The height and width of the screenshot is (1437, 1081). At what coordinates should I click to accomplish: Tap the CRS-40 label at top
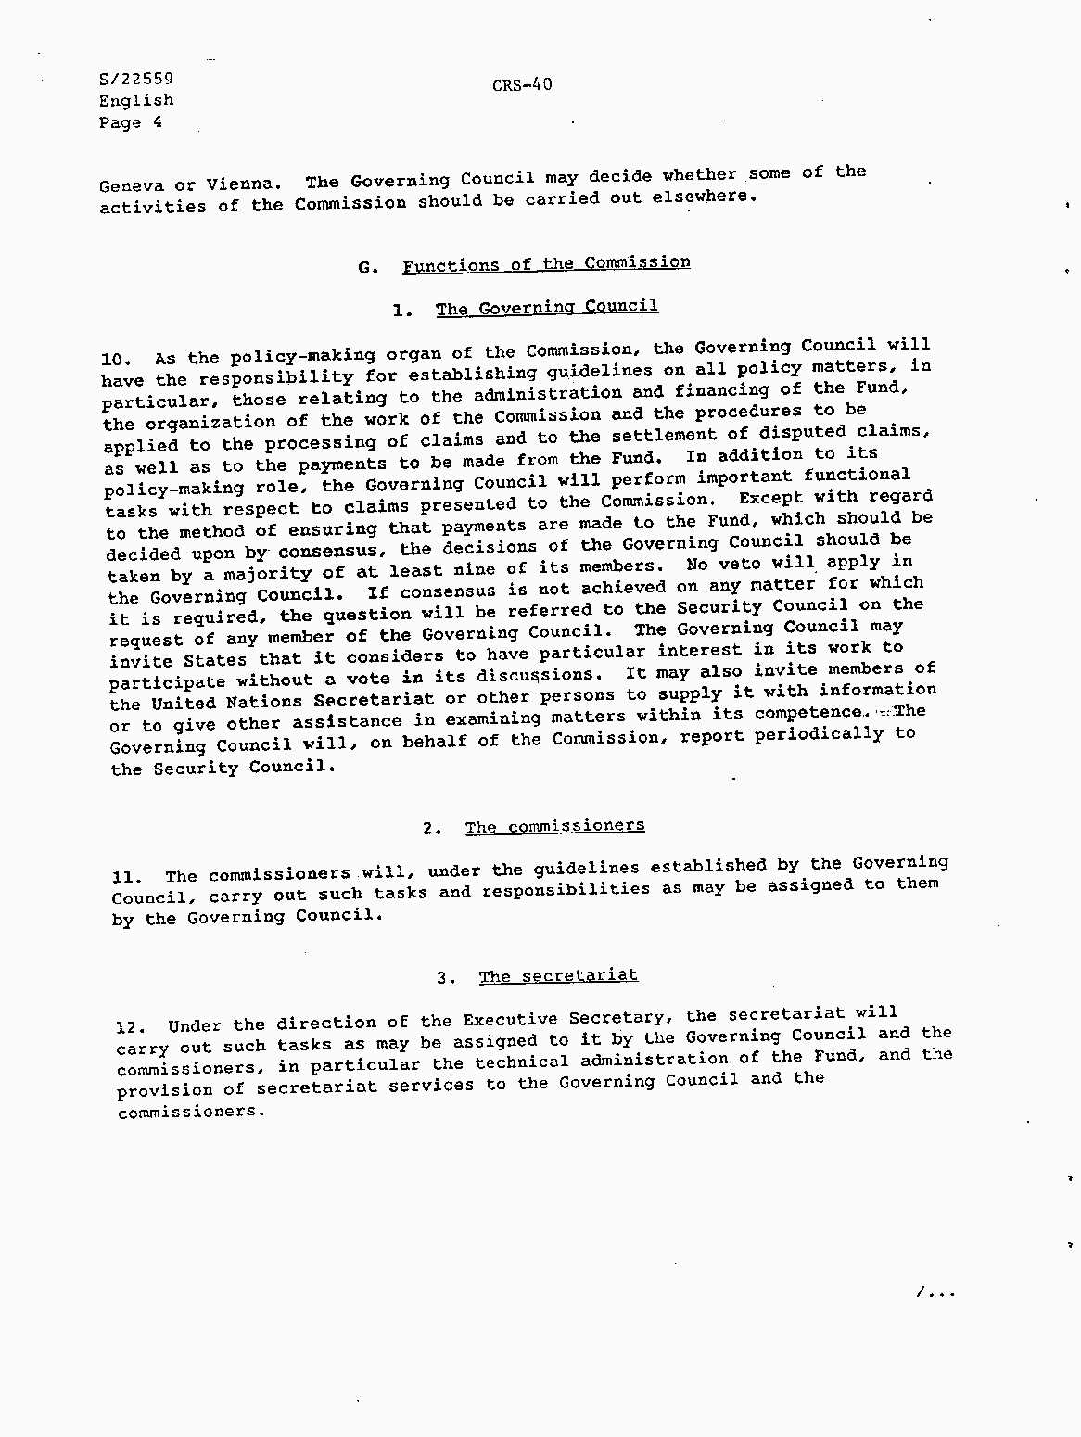[x=522, y=85]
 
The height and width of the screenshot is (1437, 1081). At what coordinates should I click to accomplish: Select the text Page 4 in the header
[x=131, y=122]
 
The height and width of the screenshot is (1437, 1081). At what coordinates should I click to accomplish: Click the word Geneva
[x=131, y=184]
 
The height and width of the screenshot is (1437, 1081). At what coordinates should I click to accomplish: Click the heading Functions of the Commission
[x=546, y=263]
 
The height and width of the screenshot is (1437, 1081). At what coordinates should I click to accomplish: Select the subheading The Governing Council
[x=547, y=307]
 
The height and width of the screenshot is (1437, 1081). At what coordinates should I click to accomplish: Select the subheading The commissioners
[x=554, y=826]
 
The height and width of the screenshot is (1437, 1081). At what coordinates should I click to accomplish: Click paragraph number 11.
[x=125, y=877]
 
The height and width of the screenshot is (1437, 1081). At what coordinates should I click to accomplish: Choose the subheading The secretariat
[x=558, y=976]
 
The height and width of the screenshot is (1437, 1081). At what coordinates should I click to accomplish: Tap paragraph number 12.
[x=131, y=1027]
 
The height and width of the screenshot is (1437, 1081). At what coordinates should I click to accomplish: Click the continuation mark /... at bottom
[x=935, y=1292]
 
